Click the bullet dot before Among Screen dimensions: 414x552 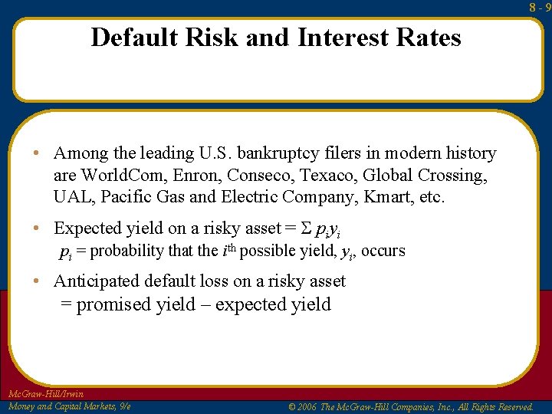(x=37, y=153)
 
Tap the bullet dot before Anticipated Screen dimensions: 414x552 (x=37, y=281)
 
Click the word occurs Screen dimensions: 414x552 (x=383, y=251)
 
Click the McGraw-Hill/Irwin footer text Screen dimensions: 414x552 (x=44, y=394)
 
